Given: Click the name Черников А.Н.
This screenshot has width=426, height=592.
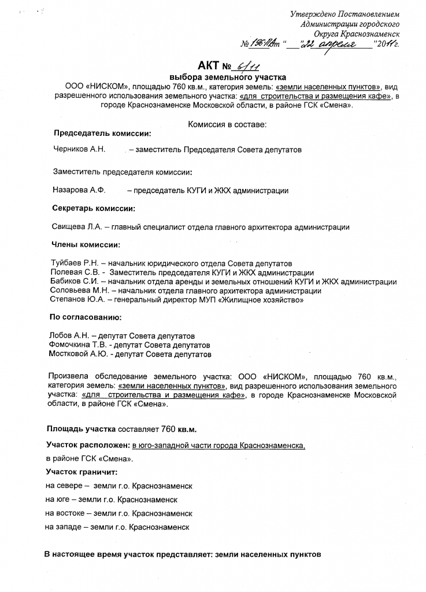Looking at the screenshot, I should click(x=79, y=150).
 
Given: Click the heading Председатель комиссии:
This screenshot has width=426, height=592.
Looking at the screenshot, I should click(x=102, y=134).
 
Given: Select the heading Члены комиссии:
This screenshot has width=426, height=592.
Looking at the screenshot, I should click(x=86, y=245).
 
